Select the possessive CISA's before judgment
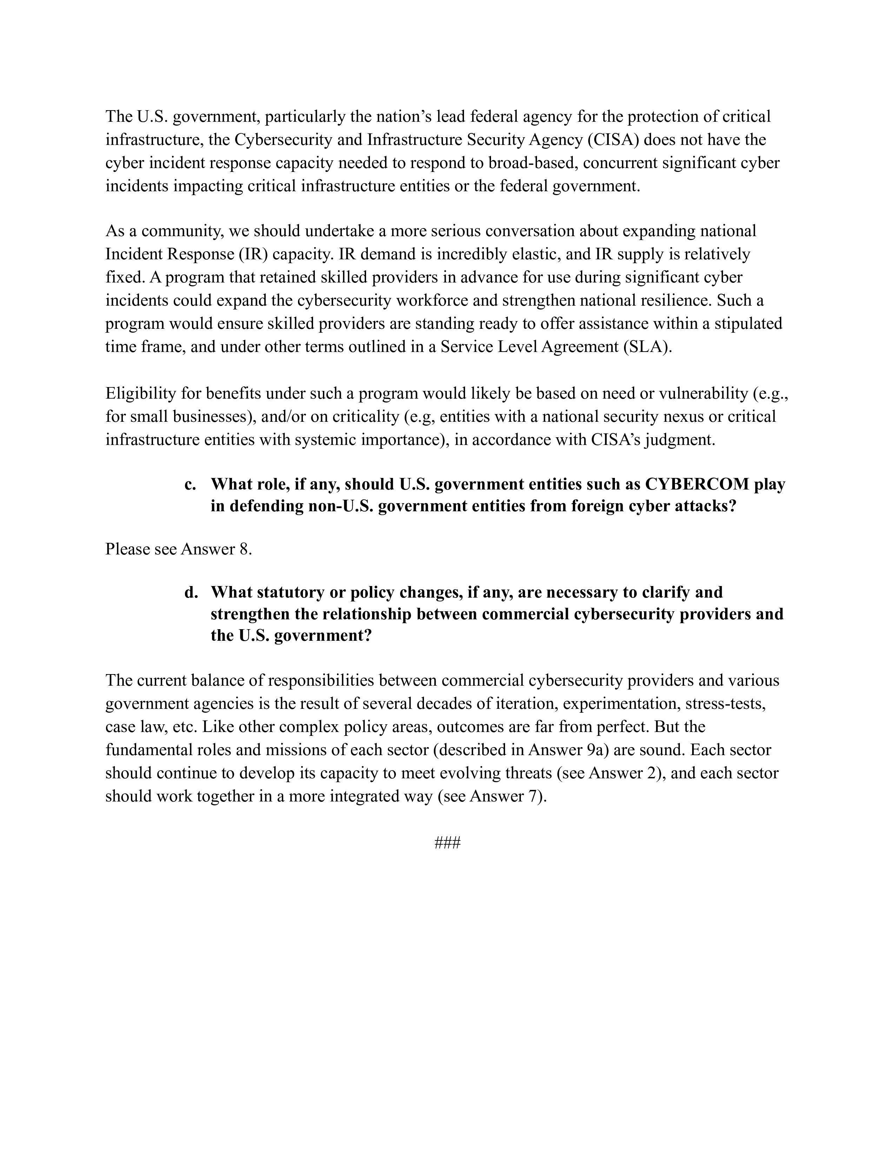point(616,440)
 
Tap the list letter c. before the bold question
point(191,485)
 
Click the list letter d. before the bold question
point(191,592)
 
